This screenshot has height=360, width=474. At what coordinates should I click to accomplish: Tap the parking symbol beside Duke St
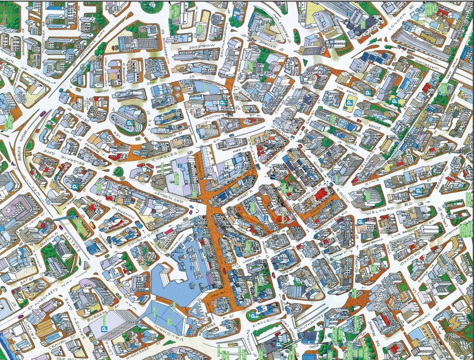418,191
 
